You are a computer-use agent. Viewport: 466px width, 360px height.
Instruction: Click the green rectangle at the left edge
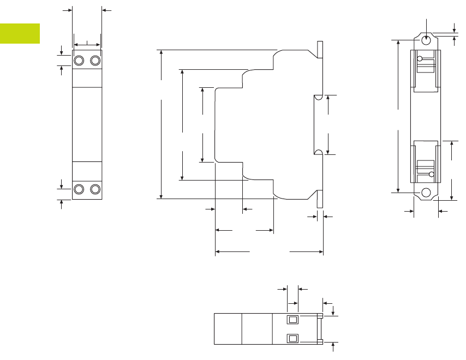point(20,33)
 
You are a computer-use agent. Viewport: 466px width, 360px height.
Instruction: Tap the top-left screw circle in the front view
point(79,60)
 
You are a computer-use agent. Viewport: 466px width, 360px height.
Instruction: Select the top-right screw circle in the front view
point(95,60)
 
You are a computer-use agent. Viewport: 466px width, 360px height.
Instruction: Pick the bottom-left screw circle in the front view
point(79,189)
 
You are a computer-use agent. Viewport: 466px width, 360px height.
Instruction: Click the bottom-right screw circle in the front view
point(95,189)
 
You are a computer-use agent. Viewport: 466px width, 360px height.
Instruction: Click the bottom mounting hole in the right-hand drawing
point(426,192)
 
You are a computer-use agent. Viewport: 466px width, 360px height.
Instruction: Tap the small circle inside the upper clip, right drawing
point(420,59)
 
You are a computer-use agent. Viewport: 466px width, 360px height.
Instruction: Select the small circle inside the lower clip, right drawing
point(432,175)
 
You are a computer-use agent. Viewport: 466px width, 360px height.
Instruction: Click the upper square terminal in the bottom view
point(293,320)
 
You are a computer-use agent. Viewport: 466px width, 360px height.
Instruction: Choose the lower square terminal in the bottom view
point(293,338)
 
